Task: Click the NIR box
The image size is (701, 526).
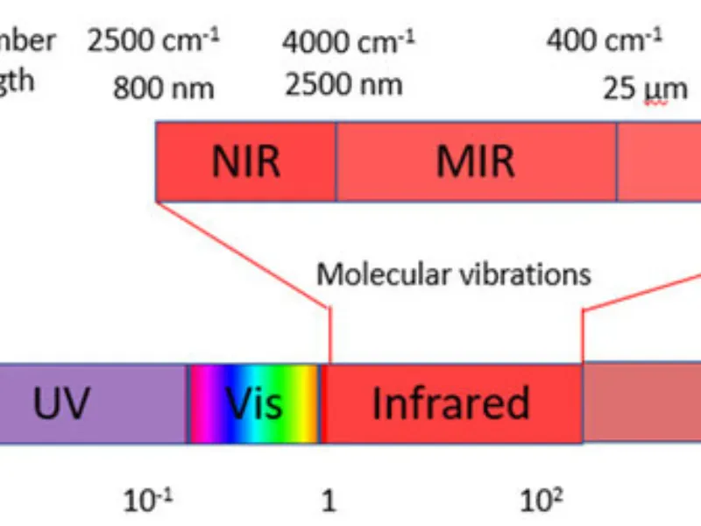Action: point(245,161)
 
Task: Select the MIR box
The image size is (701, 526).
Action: point(476,161)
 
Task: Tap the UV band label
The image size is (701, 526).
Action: point(61,403)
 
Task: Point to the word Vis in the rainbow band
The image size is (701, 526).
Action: point(254,403)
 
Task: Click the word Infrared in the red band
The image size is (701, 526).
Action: point(450,403)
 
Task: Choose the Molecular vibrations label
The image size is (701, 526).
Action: point(453,274)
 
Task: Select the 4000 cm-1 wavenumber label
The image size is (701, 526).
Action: point(349,41)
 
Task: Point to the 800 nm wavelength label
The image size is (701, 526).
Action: point(163,88)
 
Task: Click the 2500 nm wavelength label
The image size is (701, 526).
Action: point(343,85)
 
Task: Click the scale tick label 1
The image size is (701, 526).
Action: point(329,501)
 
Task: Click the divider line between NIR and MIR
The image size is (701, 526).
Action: point(336,161)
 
